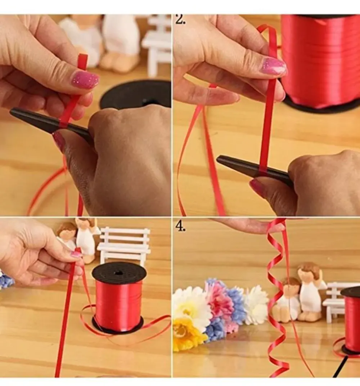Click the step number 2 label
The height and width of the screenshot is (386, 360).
(180, 19)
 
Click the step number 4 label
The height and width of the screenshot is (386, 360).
(180, 226)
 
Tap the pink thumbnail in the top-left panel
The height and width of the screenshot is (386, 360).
(85, 80)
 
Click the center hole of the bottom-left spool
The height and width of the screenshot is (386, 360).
(119, 273)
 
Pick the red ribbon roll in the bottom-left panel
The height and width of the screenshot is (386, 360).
(118, 298)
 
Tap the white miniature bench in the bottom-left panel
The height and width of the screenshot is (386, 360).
(124, 245)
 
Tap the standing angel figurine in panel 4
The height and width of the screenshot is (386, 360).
(310, 293)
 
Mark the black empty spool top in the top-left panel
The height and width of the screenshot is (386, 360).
(135, 95)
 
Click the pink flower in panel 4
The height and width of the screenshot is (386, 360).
(219, 299)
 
